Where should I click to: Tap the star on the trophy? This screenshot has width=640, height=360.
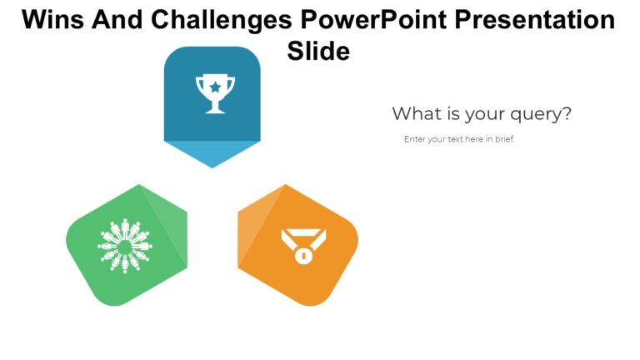tap(215, 85)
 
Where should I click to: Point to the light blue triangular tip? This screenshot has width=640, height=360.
tap(212, 153)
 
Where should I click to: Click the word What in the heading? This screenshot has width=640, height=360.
tap(415, 113)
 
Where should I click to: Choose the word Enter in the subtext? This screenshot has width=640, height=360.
tap(414, 139)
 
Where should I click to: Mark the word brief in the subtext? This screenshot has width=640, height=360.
tap(504, 139)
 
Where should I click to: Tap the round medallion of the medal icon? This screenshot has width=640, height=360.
tap(303, 256)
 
